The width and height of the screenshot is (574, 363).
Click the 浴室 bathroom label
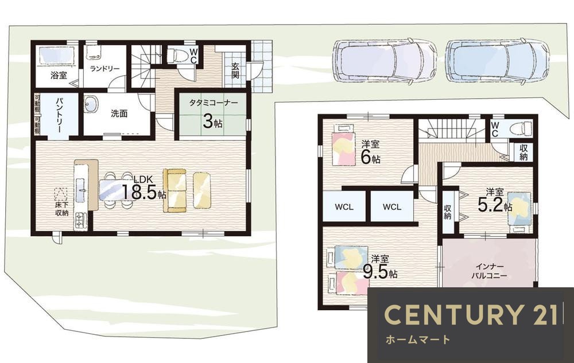coord(59,75)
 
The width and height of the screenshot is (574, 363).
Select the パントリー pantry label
coord(59,115)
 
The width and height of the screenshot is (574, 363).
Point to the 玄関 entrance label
coord(235,71)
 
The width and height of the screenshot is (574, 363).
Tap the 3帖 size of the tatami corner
coord(212,122)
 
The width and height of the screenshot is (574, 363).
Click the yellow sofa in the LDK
coord(175,190)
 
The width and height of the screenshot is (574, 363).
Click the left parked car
coord(385,61)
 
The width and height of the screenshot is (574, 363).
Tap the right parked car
coord(498,61)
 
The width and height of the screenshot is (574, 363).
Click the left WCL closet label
coord(344,207)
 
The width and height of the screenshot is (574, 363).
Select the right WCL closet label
coord(392,207)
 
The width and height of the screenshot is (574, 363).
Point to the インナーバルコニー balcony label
coord(489,271)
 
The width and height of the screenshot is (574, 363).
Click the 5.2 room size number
coord(491,206)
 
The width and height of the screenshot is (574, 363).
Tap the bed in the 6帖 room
coord(343,145)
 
